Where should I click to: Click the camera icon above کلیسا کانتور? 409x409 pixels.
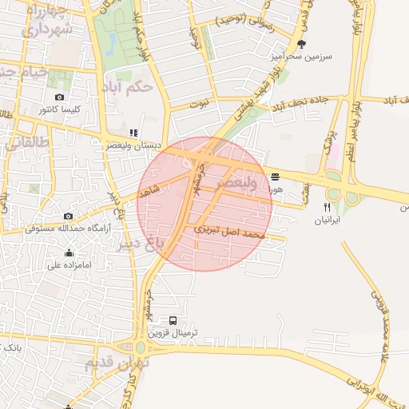[59, 97]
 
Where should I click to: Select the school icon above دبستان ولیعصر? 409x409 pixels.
[133, 133]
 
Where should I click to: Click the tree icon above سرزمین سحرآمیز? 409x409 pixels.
[301, 45]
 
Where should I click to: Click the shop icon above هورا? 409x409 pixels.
[276, 177]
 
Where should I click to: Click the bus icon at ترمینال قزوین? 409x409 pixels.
[173, 320]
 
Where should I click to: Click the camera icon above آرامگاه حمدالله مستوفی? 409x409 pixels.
[68, 216]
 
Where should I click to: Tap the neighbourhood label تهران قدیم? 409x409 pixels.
[117, 363]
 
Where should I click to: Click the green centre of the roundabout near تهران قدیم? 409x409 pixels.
[141, 347]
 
